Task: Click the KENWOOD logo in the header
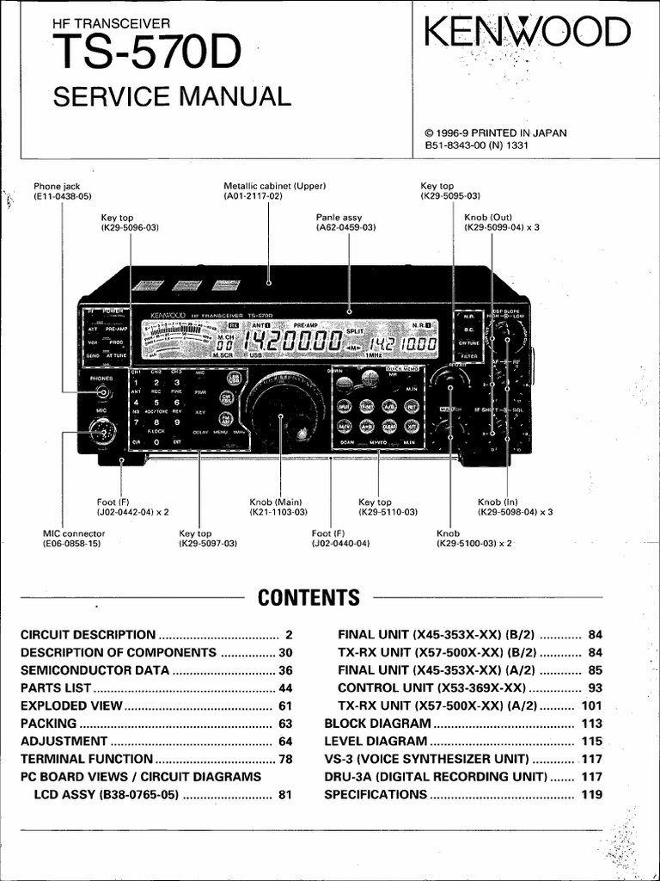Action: tap(526, 34)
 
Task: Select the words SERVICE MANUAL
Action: tap(172, 95)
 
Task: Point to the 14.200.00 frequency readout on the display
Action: tap(294, 342)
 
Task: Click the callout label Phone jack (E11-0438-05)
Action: tap(62, 191)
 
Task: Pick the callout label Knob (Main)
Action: tap(278, 507)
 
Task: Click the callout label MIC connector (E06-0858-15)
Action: tap(72, 539)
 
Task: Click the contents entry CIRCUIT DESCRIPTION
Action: tap(88, 634)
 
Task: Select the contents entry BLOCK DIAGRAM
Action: tap(376, 724)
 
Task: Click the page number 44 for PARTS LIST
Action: tap(285, 688)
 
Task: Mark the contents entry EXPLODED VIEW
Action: tap(72, 705)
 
